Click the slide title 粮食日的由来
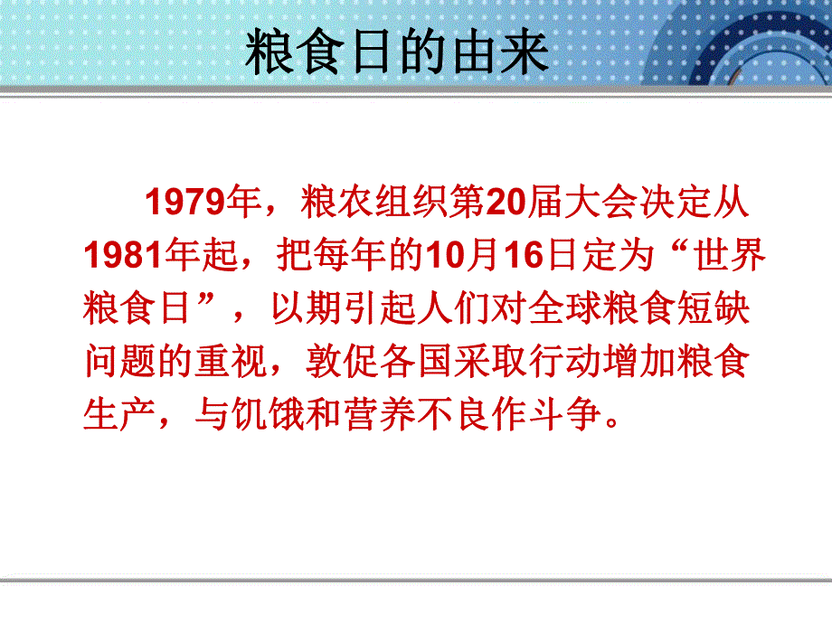(x=398, y=54)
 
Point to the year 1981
(x=120, y=258)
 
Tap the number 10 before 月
(x=444, y=258)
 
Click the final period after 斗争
(x=615, y=423)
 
